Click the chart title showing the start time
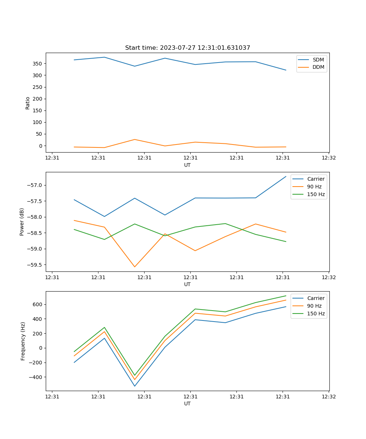click(x=187, y=48)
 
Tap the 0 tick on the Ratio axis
click(x=40, y=146)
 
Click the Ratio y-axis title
click(x=28, y=103)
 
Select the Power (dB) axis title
click(x=22, y=222)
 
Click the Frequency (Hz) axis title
click(x=23, y=341)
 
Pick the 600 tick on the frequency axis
click(x=38, y=304)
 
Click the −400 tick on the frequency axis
click(x=37, y=377)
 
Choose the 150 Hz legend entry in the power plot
click(x=315, y=195)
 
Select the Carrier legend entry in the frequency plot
click(x=315, y=298)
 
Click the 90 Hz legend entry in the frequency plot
click(x=314, y=306)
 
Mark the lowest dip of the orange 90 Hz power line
click(x=135, y=267)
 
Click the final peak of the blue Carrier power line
click(x=286, y=176)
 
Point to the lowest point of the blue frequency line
click(x=135, y=386)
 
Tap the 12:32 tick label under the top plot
click(x=329, y=158)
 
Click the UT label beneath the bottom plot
click(x=187, y=404)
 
